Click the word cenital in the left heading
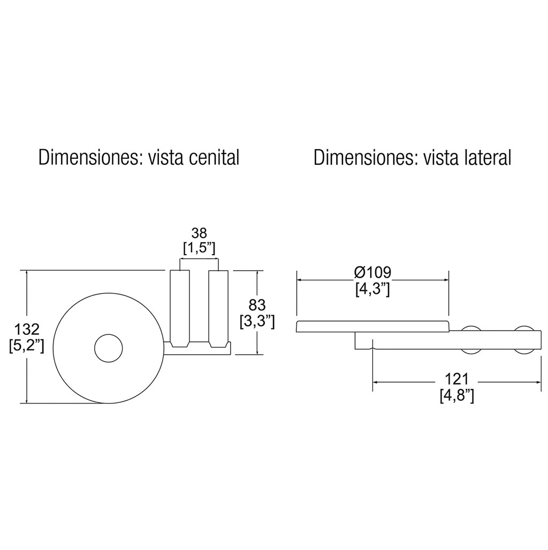click(214, 157)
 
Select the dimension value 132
click(26, 330)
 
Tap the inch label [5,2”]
click(27, 346)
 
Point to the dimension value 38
click(199, 233)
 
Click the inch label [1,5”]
click(199, 248)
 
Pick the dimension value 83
click(257, 305)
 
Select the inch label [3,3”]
click(257, 322)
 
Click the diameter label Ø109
click(372, 272)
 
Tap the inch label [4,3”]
click(372, 289)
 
